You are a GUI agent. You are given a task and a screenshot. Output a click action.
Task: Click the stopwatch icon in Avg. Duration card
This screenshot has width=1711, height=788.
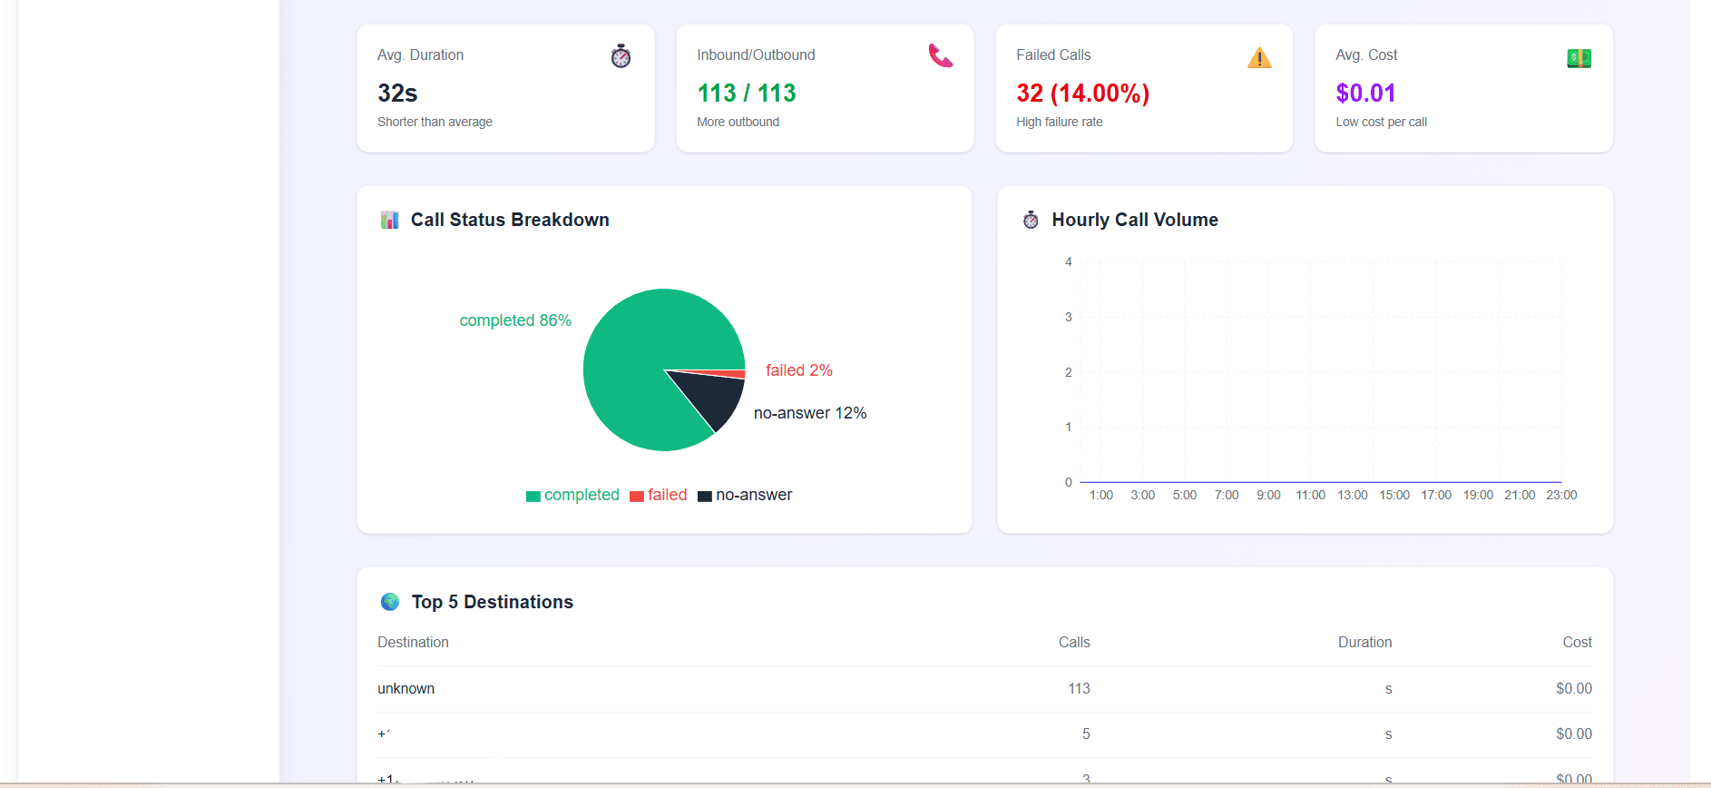pos(621,56)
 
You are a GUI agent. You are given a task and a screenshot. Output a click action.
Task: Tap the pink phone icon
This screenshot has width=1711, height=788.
pos(940,56)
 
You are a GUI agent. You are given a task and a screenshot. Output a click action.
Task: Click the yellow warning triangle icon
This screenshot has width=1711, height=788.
pos(1259,58)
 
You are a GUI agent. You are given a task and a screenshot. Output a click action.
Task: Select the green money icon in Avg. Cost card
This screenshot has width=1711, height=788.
pos(1579,58)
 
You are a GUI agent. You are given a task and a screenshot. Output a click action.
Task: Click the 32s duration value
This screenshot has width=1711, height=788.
pos(397,93)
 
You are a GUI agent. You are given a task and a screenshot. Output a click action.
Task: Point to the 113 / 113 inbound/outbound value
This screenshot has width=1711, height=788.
pos(746,93)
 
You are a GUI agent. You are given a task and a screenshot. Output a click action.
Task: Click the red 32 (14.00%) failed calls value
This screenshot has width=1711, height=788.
pos(1082,93)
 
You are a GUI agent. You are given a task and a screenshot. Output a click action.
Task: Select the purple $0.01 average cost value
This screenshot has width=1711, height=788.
pos(1365,93)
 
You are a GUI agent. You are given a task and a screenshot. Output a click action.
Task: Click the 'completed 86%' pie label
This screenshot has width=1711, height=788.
pos(515,320)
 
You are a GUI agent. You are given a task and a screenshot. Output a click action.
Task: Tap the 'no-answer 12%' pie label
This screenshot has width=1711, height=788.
pos(810,413)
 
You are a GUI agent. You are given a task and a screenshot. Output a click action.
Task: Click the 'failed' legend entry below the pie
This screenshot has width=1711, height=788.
pos(659,495)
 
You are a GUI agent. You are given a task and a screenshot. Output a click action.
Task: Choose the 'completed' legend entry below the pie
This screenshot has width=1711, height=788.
pos(572,495)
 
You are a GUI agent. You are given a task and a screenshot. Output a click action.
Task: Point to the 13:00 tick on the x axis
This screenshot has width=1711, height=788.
pos(1352,495)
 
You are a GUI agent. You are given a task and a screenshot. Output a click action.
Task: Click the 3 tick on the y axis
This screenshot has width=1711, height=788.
pos(1068,317)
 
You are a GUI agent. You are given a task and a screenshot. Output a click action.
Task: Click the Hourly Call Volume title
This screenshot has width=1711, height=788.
pos(1134,220)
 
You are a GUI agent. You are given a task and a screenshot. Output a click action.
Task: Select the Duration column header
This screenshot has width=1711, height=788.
pos(1364,642)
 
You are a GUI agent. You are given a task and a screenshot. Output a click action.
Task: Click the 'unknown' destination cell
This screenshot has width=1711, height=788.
pos(406,688)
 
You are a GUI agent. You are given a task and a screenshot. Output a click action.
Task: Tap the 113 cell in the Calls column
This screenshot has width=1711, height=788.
pos(1079,688)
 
